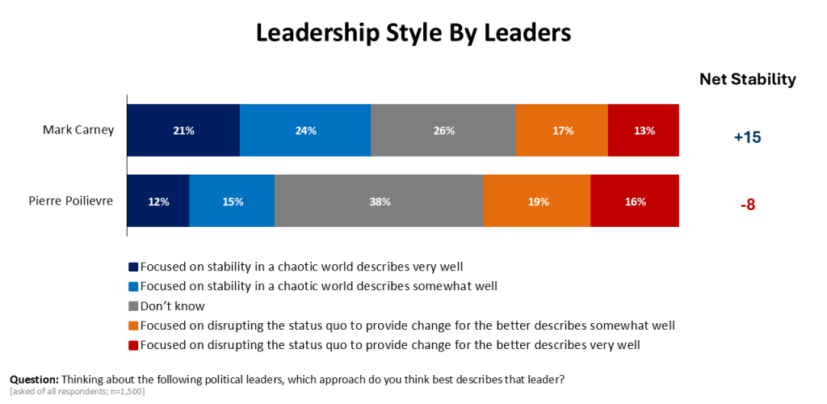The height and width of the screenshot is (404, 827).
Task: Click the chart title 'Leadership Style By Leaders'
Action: (413, 32)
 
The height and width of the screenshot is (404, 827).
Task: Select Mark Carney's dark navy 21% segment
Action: (183, 130)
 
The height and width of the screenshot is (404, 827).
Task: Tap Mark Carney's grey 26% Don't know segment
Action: (443, 130)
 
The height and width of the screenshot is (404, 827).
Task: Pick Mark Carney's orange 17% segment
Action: (562, 130)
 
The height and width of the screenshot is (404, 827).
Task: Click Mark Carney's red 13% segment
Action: (644, 130)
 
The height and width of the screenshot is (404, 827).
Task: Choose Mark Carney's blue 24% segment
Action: (305, 130)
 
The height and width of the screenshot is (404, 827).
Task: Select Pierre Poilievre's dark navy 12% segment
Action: (158, 201)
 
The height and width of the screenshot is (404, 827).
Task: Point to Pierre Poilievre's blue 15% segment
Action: (232, 201)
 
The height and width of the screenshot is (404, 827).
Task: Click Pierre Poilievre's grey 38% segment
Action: (379, 201)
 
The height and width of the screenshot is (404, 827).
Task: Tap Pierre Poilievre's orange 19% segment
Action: (537, 201)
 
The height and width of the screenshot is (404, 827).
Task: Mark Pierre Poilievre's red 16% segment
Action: (635, 201)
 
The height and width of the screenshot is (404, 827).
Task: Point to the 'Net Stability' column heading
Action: (747, 79)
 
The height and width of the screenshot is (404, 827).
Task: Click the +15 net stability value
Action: (747, 137)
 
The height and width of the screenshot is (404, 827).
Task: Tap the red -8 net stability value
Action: (747, 205)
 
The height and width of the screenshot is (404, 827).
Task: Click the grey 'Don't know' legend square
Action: (133, 307)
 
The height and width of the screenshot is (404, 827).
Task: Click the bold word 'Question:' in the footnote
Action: (34, 379)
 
